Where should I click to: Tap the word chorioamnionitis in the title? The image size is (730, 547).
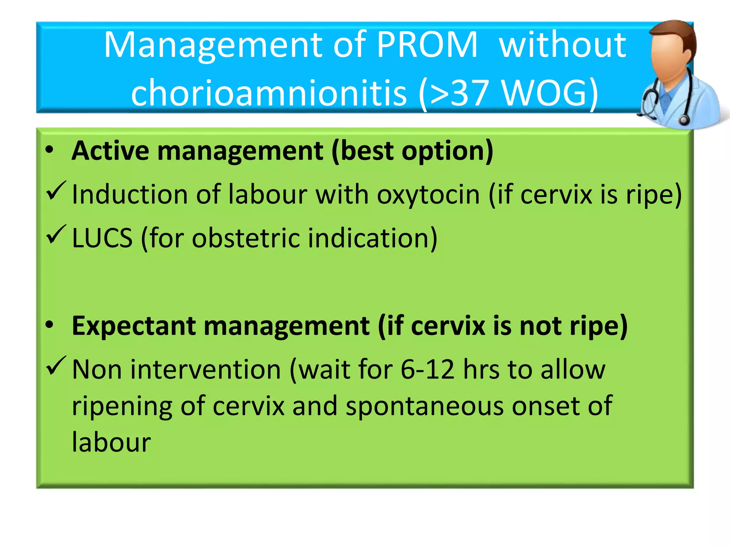click(269, 93)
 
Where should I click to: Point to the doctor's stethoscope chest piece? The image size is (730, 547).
click(684, 119)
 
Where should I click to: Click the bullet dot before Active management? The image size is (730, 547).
click(50, 150)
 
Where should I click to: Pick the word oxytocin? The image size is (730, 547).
click(428, 195)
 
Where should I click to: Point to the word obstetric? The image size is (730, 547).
click(246, 238)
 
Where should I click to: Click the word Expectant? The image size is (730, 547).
click(134, 326)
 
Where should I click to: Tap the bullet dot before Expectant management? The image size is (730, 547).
click(50, 324)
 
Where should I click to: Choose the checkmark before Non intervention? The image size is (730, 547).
click(56, 366)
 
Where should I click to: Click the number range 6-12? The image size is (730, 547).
click(427, 369)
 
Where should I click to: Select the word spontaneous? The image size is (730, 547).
click(425, 407)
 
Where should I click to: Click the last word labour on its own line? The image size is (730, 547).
click(111, 442)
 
